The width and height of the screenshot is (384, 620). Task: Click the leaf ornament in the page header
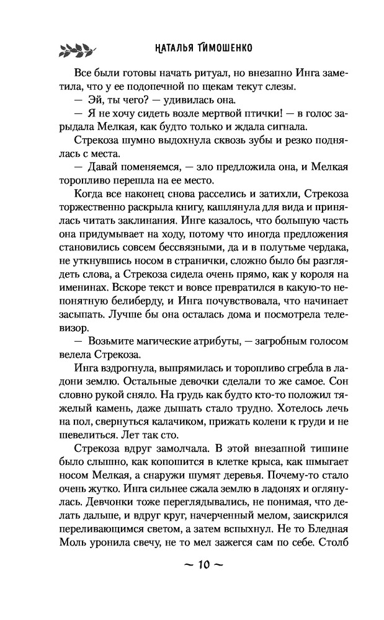(x=76, y=49)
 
